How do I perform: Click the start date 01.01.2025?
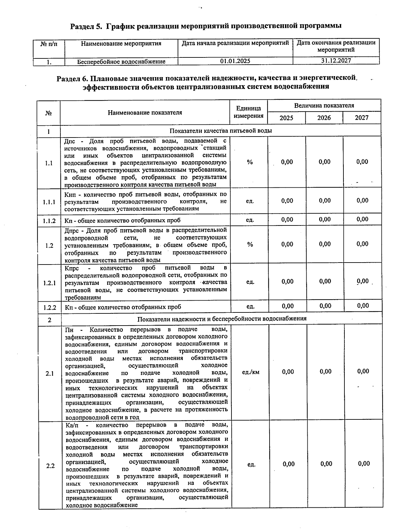click(x=235, y=61)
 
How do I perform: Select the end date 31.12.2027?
click(x=336, y=61)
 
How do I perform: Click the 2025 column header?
click(x=286, y=118)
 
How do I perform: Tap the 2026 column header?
click(x=324, y=118)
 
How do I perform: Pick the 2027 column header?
click(x=361, y=118)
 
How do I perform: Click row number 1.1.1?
click(x=49, y=202)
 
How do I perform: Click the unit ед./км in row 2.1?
click(x=251, y=372)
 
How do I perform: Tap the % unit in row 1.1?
click(x=250, y=162)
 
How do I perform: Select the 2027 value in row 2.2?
click(x=364, y=463)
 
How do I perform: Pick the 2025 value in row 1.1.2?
click(x=287, y=220)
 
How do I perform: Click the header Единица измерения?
click(x=249, y=112)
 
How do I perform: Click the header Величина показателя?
click(x=324, y=106)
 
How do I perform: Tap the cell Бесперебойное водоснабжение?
click(x=121, y=62)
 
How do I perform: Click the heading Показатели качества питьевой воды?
click(x=220, y=131)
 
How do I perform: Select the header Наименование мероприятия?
click(x=121, y=44)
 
